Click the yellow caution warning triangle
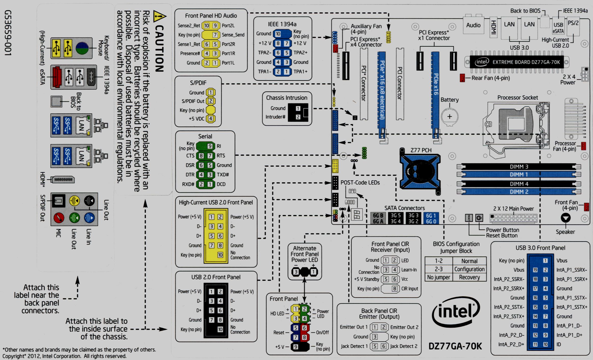pyautogui.click(x=159, y=16)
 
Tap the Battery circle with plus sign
pyautogui.click(x=450, y=117)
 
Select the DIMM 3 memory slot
pyautogui.click(x=519, y=167)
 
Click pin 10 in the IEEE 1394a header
pyautogui.click(x=278, y=34)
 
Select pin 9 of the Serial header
pyautogui.click(x=210, y=146)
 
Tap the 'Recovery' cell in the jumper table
pyautogui.click(x=469, y=277)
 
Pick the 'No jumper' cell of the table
pyautogui.click(x=439, y=277)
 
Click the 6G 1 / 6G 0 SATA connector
pyautogui.click(x=431, y=218)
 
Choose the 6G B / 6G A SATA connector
pyautogui.click(x=378, y=218)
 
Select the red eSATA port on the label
pyautogui.click(x=56, y=77)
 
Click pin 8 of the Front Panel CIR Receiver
pyautogui.click(x=395, y=289)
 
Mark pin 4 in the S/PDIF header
pyautogui.click(x=211, y=118)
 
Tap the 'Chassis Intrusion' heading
pyautogui.click(x=287, y=98)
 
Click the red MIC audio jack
pyautogui.click(x=59, y=218)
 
